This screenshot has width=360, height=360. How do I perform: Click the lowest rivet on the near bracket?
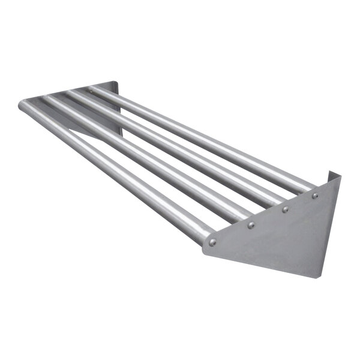pos(212,242)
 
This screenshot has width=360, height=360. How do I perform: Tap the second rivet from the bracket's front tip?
pos(251,225)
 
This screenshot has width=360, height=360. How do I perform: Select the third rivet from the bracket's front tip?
pos(285,209)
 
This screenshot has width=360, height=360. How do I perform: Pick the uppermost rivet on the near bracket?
pos(315,196)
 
